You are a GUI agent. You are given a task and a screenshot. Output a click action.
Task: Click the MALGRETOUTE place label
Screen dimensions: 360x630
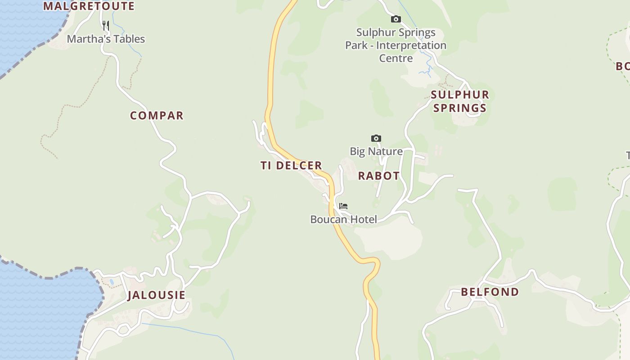pos(89,6)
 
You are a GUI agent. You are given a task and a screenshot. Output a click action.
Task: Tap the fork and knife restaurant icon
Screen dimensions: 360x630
pos(106,25)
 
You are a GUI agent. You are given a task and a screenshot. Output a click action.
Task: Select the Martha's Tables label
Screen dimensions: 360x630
pos(106,39)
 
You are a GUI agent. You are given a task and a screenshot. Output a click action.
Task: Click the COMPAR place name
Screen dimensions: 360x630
pos(157,116)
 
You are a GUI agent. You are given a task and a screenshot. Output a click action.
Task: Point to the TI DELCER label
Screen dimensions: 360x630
pos(291,166)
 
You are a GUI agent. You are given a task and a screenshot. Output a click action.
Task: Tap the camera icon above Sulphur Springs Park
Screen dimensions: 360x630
pos(396,19)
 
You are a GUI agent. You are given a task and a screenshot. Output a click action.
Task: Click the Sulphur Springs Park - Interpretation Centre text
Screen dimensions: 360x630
pos(396,45)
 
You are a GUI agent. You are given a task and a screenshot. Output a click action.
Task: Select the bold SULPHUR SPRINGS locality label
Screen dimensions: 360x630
pos(459,101)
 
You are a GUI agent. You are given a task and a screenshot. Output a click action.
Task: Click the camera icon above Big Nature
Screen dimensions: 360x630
pos(376,138)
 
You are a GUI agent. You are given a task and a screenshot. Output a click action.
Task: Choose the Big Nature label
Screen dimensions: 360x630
pos(376,151)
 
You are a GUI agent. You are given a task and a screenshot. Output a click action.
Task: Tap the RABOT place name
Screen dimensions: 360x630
pos(378,176)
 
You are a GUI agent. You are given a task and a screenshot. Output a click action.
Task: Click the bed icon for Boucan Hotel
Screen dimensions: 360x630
pos(343,206)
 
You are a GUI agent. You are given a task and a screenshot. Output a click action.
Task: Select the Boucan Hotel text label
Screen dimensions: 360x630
pos(343,219)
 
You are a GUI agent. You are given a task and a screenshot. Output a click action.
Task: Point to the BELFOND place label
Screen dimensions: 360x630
pos(490,292)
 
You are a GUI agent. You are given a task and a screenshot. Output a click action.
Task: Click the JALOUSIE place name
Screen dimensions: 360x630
pos(156,295)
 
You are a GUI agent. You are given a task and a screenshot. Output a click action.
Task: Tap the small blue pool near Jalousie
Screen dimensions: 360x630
pos(111,282)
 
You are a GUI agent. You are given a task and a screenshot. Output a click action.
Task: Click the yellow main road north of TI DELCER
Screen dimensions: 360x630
pos(271,67)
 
